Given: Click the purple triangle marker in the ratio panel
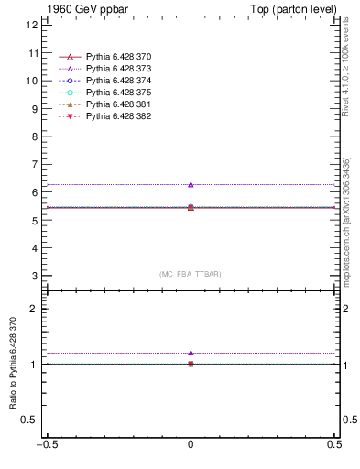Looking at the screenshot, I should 191,353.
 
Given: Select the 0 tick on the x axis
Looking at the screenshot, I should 191,446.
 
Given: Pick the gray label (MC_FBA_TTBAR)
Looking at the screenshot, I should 191,274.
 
